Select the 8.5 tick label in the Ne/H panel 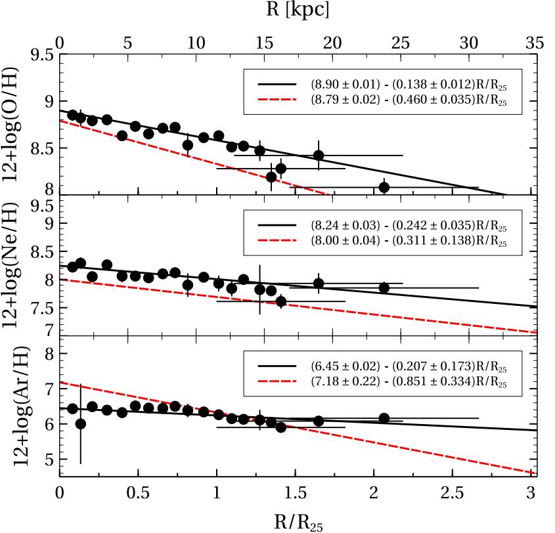tap(41, 251)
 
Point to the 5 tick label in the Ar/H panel tap(47, 459)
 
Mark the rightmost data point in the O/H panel tap(384, 187)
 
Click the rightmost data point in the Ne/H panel tap(384, 288)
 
